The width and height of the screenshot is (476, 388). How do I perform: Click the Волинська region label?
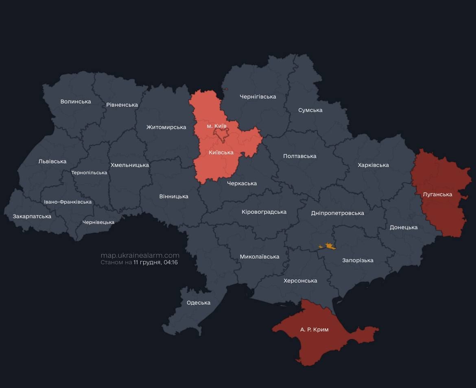click(76, 101)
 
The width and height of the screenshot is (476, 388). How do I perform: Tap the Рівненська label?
click(122, 105)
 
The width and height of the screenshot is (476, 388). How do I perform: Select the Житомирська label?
click(166, 127)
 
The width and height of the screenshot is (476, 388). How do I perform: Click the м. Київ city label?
click(216, 126)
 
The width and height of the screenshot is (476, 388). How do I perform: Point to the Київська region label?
click(221, 152)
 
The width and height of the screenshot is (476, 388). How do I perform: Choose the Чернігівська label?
click(258, 96)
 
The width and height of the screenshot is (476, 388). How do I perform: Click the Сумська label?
click(310, 110)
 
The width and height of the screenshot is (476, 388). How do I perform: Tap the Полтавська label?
click(299, 156)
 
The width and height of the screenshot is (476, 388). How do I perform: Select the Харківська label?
click(373, 165)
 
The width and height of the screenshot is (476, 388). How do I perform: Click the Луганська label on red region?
click(437, 194)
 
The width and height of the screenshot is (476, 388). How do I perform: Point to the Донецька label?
click(404, 227)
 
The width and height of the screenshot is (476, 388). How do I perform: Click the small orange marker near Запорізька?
click(328, 246)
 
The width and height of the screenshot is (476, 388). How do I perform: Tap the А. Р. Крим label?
click(314, 329)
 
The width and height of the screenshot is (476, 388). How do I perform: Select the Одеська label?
click(199, 303)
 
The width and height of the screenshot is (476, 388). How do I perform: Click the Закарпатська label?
click(32, 216)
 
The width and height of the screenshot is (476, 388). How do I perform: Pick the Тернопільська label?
click(89, 173)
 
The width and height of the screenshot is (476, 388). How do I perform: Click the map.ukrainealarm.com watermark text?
click(140, 255)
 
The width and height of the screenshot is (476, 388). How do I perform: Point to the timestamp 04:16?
click(171, 263)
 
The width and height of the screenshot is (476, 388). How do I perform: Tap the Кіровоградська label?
click(264, 212)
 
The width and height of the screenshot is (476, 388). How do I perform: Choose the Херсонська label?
click(300, 281)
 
